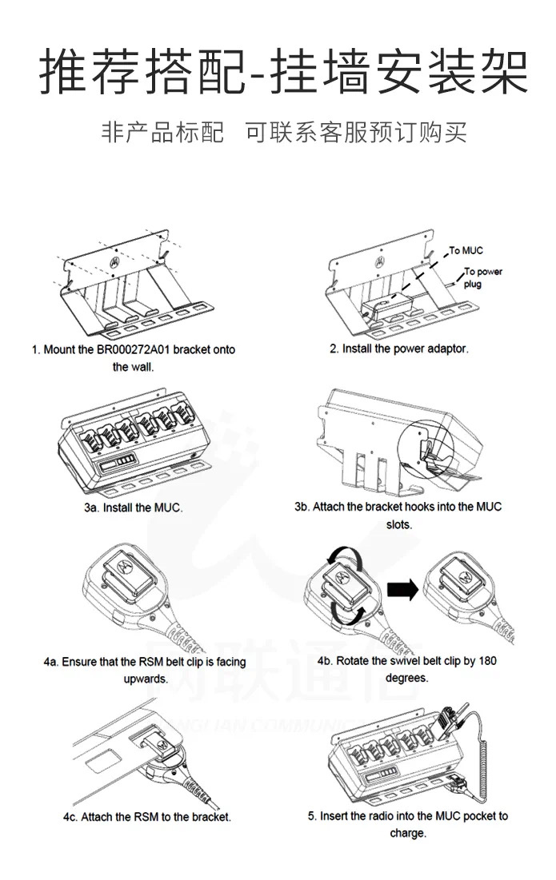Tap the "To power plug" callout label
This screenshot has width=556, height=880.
point(482,277)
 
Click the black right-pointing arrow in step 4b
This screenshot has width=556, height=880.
point(402,591)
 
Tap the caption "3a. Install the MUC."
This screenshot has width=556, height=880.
point(134,508)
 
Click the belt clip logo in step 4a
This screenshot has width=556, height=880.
point(125,564)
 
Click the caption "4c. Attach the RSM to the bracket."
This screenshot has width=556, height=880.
point(147,817)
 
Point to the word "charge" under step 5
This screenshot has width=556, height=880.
point(407,833)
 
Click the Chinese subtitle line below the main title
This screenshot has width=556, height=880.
point(278,133)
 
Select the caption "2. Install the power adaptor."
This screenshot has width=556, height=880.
point(399,349)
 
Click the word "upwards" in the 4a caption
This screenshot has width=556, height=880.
point(145,679)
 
